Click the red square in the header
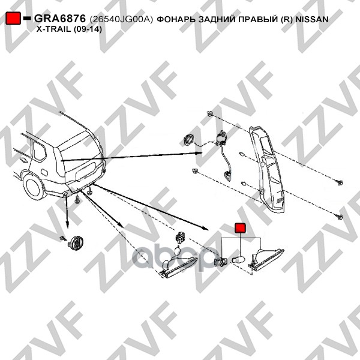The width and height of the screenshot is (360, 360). [x=13, y=18]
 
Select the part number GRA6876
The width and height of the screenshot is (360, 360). [x=60, y=19]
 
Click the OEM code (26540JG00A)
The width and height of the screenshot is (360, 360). [x=121, y=19]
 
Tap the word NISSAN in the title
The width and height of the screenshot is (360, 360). [x=311, y=19]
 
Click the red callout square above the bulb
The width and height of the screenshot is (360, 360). [x=240, y=228]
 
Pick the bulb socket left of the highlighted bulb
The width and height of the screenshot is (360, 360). [x=220, y=262]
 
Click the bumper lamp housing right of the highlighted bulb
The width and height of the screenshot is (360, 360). [x=266, y=259]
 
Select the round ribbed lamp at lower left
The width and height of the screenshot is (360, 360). [x=76, y=242]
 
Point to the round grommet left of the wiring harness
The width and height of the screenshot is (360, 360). [x=188, y=140]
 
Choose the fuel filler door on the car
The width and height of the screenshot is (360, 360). [x=44, y=172]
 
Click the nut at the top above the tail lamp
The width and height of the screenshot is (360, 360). [x=209, y=113]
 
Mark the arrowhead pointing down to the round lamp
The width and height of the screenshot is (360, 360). [x=67, y=225]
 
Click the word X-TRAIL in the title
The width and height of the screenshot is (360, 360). [x=53, y=29]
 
